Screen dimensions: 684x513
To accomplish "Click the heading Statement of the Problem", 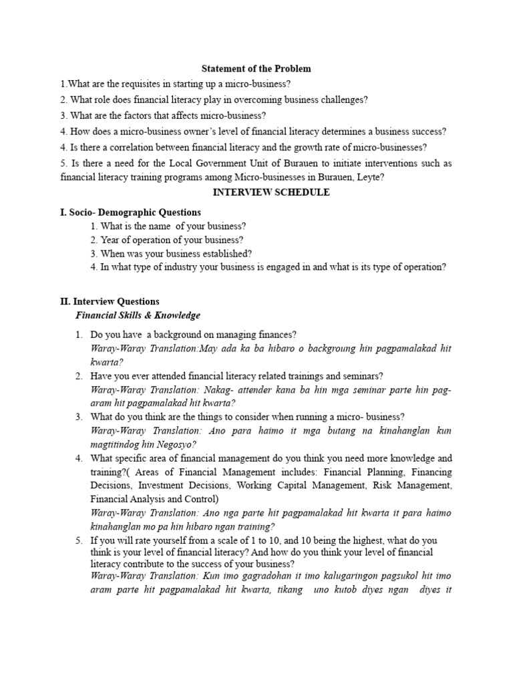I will coord(256,69).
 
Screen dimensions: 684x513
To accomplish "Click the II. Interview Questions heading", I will coord(110,302).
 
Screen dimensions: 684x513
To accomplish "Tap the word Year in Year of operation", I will coord(108,239).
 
